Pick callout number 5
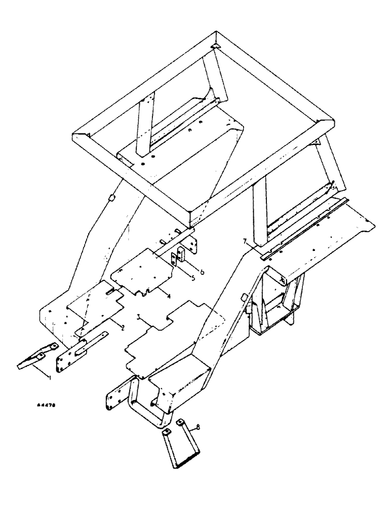178,279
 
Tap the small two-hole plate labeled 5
175,259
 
